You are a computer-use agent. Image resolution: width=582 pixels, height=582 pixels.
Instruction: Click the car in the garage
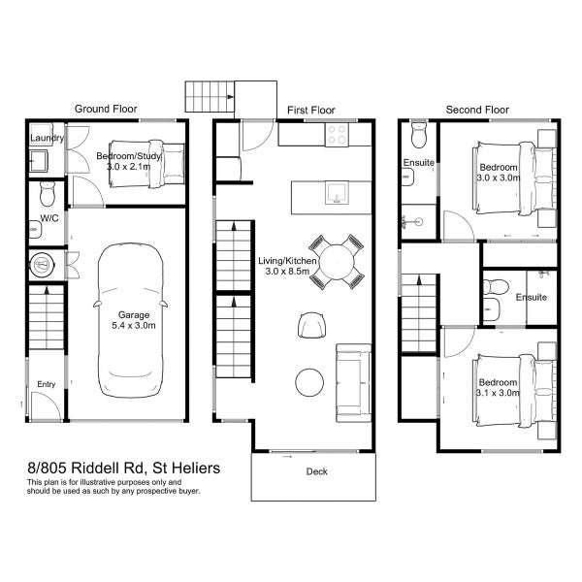coord(130,320)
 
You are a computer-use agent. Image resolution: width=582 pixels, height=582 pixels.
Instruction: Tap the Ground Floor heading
coord(106,109)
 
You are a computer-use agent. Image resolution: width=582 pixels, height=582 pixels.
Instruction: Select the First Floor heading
coord(311,111)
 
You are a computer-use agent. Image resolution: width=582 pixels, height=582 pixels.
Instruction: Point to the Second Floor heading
coord(477,110)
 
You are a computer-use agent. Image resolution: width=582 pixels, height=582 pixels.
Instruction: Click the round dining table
coord(337,262)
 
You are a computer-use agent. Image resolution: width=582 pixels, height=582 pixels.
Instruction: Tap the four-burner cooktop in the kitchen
coord(337,135)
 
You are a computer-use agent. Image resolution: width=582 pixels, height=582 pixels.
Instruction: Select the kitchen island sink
coord(337,193)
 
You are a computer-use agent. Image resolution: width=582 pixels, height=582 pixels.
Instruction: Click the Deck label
coord(316,471)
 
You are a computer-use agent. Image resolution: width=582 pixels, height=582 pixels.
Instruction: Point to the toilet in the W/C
coord(48,193)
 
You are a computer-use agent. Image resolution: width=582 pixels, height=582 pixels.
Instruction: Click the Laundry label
coord(48,138)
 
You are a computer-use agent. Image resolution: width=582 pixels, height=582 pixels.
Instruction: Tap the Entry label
coord(46,384)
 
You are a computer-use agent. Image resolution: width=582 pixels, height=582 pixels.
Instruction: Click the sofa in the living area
coord(353,383)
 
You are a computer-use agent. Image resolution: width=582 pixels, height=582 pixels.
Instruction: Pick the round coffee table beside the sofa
coord(309,382)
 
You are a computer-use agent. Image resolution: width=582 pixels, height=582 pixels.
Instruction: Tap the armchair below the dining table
coord(311,325)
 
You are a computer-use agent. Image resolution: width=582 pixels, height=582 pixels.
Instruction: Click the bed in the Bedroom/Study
coord(146,164)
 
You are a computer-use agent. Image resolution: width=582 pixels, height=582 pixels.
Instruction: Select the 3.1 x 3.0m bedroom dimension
coord(498,393)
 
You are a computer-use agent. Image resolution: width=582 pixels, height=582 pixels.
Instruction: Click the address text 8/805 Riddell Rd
coord(85,469)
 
